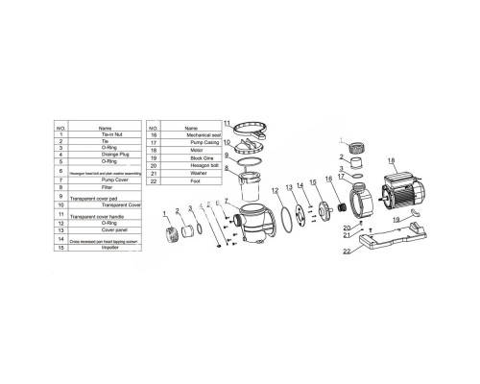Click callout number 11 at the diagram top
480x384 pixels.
228,124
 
